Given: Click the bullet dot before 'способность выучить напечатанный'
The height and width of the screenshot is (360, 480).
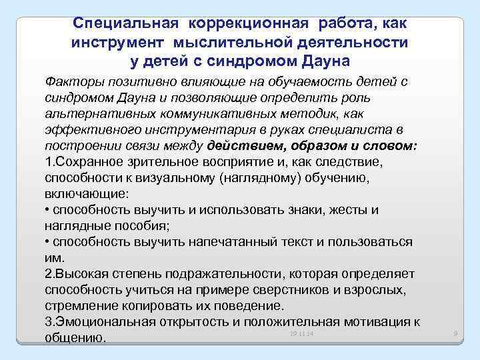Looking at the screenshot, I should click(47, 242).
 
